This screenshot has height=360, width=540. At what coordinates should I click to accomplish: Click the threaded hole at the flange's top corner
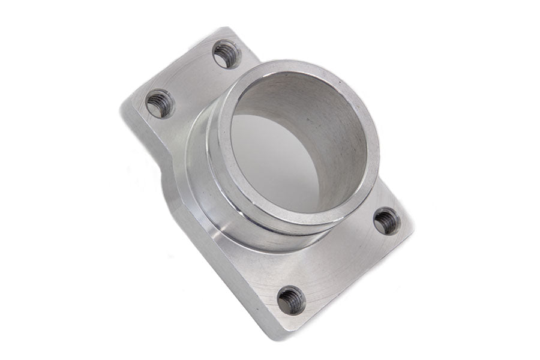pos(227,54)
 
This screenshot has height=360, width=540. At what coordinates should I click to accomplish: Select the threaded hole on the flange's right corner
pos(386,221)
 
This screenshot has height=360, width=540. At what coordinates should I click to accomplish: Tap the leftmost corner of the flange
pos(122,108)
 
